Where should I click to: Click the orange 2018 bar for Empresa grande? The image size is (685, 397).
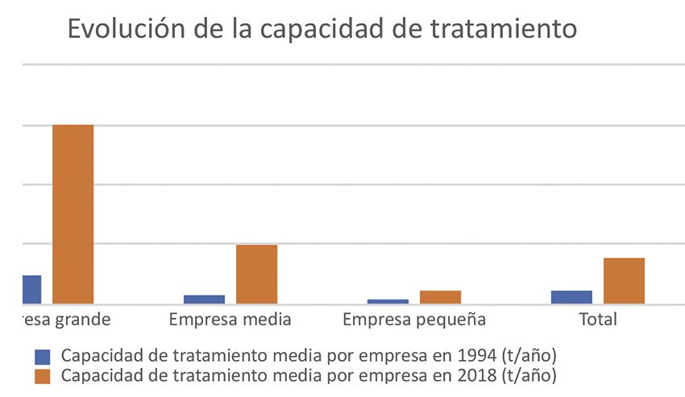coord(73,214)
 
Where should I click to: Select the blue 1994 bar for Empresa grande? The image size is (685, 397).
coord(32,289)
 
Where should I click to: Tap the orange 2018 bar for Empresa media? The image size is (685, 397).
coord(256,274)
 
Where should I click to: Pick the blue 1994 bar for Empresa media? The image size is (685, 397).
coord(205,299)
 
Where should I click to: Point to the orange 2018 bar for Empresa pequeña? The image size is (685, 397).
coord(440,297)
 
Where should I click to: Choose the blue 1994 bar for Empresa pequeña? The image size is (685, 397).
coord(388,301)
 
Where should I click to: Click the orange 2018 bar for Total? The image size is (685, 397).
coord(624,280)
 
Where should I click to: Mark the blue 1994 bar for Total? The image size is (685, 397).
coord(571,296)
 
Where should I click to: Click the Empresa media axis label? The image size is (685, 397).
coord(230,320)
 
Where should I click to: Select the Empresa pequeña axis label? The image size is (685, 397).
coord(414,320)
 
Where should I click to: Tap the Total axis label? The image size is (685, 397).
coord(598,320)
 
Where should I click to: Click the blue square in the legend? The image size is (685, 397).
coord(43,356)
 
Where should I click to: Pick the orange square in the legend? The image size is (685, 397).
coord(43,375)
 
